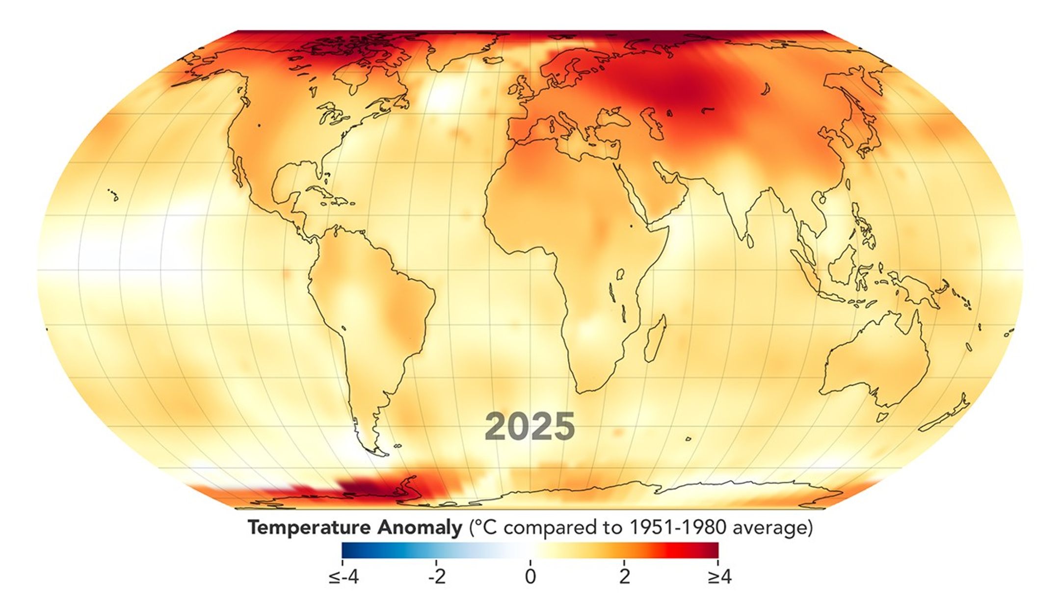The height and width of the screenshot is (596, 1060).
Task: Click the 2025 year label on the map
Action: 530,427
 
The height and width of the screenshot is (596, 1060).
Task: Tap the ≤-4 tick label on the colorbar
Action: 344,577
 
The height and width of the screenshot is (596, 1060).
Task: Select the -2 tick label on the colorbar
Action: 436,577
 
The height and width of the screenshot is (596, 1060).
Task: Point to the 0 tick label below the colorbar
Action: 530,577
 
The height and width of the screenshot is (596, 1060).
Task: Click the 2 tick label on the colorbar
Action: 624,577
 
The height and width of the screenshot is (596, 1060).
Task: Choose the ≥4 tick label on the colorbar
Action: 719,577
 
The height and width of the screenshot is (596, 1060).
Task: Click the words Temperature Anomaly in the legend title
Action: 354,528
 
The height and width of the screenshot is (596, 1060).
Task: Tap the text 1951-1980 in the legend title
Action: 675,528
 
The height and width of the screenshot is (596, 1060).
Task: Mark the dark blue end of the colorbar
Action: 346,550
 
